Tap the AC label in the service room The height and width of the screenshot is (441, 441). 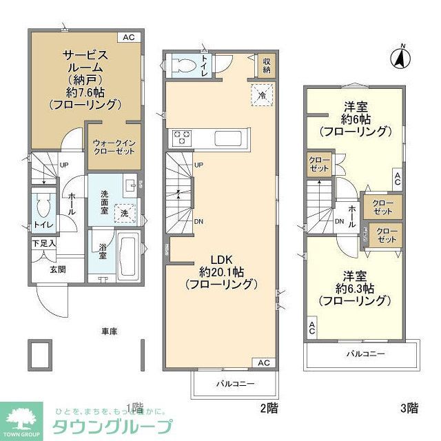coord(129,37)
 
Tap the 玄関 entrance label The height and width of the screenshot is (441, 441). coord(57,269)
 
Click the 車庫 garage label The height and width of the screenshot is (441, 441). coord(110,331)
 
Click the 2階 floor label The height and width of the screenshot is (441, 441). coord(269,408)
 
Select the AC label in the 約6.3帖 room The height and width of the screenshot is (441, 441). coord(312,329)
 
